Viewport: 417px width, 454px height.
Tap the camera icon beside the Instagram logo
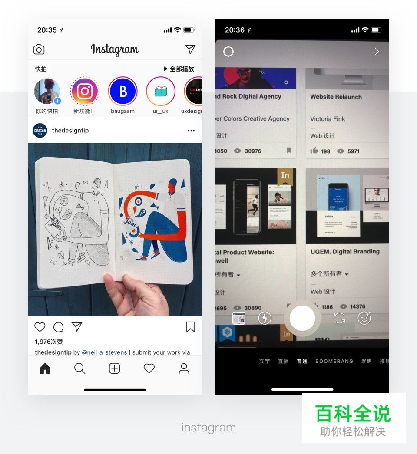(39, 49)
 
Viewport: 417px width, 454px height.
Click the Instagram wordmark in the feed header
(114, 50)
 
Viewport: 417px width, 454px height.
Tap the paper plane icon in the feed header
(190, 49)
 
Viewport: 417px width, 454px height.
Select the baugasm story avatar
(122, 92)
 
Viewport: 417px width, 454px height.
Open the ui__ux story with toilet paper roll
(160, 92)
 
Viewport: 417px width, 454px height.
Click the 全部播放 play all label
(179, 69)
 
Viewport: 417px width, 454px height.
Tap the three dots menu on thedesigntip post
(191, 131)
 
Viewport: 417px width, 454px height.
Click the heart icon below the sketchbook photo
(40, 327)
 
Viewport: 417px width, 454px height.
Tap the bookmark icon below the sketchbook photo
(190, 327)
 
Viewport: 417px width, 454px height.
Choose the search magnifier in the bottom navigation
(79, 368)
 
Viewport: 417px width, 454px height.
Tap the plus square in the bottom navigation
(114, 368)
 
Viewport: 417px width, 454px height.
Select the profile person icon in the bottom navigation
(184, 368)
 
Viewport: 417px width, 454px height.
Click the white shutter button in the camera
(302, 318)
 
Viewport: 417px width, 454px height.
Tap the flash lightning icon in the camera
(265, 318)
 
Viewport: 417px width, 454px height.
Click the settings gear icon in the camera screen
(228, 52)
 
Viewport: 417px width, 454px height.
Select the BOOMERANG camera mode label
(334, 361)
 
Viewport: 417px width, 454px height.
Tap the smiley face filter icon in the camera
(364, 318)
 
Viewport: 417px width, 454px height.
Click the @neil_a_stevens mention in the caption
(104, 352)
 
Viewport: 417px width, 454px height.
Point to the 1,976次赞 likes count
(49, 342)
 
